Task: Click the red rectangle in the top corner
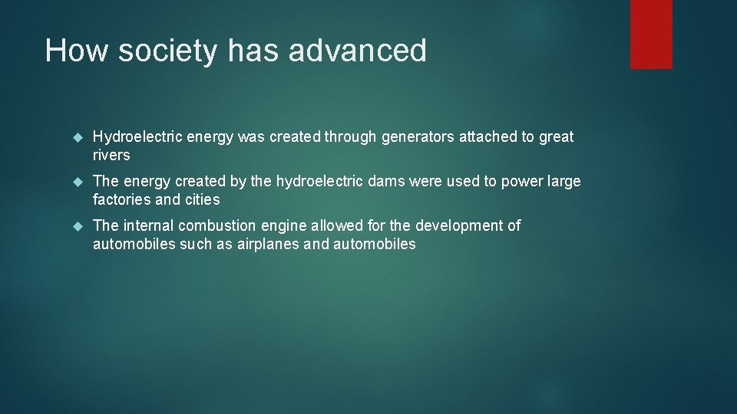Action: point(651,34)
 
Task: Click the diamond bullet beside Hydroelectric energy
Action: point(76,137)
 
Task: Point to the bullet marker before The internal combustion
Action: point(76,226)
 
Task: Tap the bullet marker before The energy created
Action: point(76,182)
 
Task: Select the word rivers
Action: point(111,156)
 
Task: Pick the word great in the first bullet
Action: point(556,137)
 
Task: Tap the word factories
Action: point(121,200)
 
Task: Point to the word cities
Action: point(201,200)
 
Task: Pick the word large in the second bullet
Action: point(563,182)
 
